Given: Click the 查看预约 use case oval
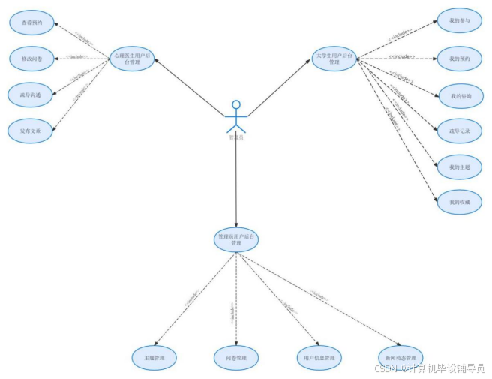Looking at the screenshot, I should [31, 22].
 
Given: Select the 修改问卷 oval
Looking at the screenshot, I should [31, 57].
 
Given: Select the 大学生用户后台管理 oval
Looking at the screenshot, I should [334, 58].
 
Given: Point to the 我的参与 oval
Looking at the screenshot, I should [460, 21].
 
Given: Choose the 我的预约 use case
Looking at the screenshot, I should [460, 58].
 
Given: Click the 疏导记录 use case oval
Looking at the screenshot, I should [460, 131].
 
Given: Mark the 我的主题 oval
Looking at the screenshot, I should [460, 167].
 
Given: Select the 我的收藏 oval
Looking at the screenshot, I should [460, 203].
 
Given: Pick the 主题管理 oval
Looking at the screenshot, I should [154, 356].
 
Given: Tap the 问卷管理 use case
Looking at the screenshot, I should [235, 356].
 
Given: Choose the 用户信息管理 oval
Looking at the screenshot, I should [319, 356].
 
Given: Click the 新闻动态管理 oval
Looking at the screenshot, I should [400, 356].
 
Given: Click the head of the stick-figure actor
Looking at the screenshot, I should [236, 104].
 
